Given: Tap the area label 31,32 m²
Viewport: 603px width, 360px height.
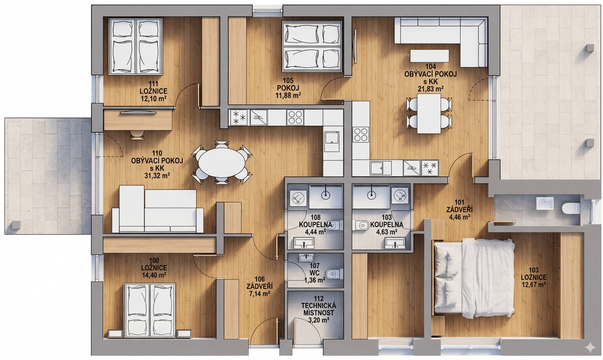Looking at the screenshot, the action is [157, 176].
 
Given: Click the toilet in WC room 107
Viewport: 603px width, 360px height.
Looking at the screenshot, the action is [334, 274].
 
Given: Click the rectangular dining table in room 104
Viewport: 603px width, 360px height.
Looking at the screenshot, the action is [429, 113].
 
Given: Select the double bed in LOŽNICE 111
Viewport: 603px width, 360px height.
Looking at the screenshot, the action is [135, 47].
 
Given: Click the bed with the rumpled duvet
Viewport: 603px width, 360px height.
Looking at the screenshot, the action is [474, 278].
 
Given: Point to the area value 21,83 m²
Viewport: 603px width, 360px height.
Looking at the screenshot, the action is [431, 88].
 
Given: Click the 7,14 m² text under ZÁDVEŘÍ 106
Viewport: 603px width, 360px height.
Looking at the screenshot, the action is [259, 294].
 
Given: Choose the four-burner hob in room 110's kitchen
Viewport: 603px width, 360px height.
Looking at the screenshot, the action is [295, 117].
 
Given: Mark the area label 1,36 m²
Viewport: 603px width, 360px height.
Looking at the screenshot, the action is [315, 280].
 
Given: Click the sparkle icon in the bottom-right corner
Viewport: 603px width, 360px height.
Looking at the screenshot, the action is [590, 347].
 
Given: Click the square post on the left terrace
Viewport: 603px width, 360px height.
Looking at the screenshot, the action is [16, 225].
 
